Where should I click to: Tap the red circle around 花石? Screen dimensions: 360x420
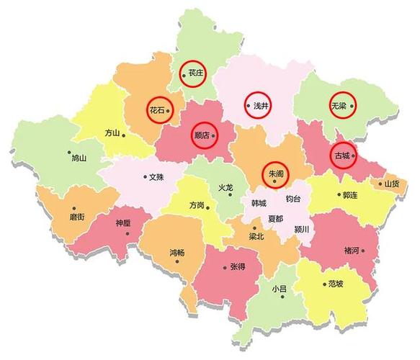[x=158, y=109]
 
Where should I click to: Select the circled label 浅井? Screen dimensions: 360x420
[x=259, y=106]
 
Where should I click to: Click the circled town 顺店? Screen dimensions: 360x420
[x=205, y=135]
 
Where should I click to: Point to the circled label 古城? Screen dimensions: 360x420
[x=343, y=155]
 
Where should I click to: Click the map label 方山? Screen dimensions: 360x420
[x=112, y=132]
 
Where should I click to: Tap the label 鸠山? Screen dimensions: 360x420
[x=79, y=158]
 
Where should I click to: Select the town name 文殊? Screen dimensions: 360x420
[x=156, y=176]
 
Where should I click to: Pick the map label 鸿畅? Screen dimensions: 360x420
[x=177, y=252]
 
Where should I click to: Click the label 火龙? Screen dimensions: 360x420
[x=225, y=187]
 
